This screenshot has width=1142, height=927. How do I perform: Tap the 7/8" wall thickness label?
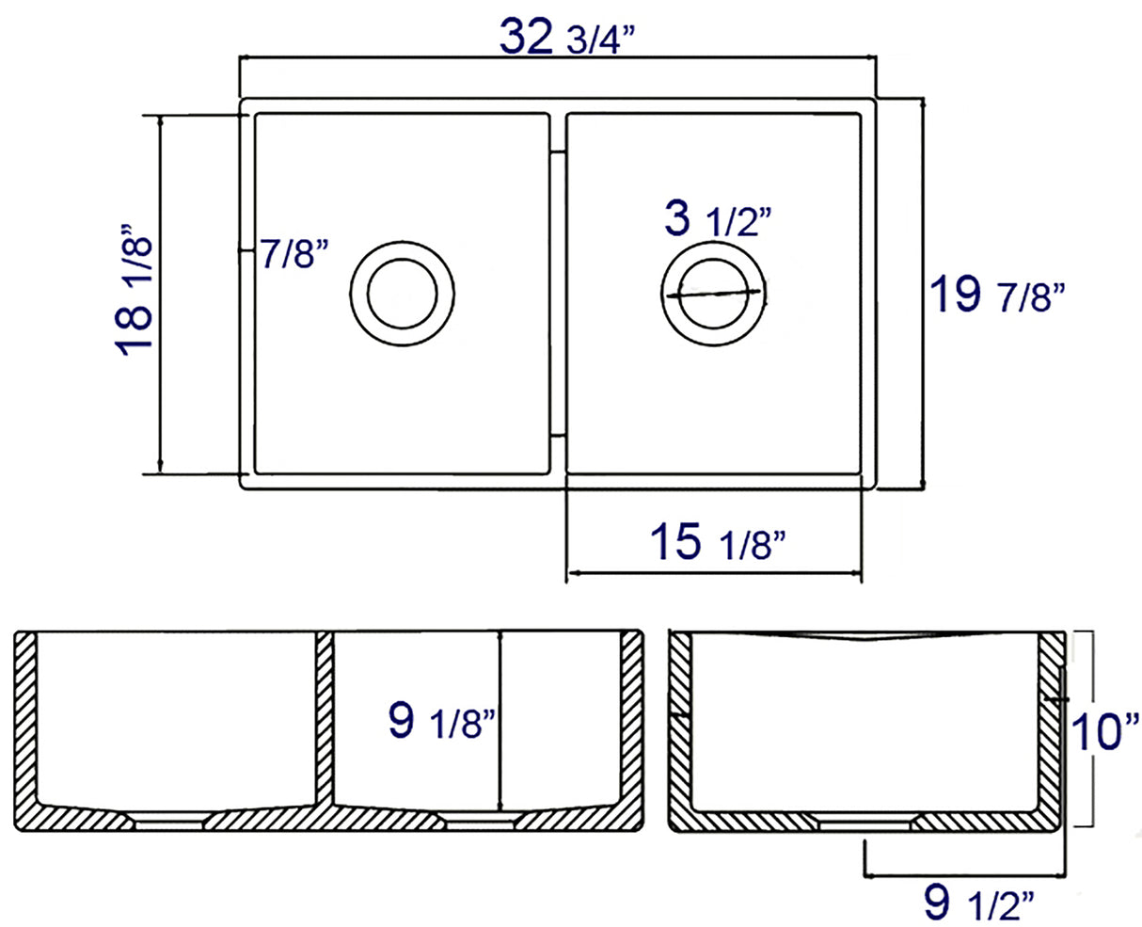pyautogui.click(x=293, y=255)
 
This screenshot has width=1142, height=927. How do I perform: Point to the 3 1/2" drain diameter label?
pyautogui.click(x=718, y=221)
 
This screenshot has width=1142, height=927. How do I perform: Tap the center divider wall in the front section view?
pyautogui.click(x=325, y=720)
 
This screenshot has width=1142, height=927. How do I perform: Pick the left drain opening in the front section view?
pyautogui.click(x=169, y=821)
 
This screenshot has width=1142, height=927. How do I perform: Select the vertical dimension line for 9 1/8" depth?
pyautogui.click(x=501, y=720)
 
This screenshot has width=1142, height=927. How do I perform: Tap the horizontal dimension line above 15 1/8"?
pyautogui.click(x=713, y=572)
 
